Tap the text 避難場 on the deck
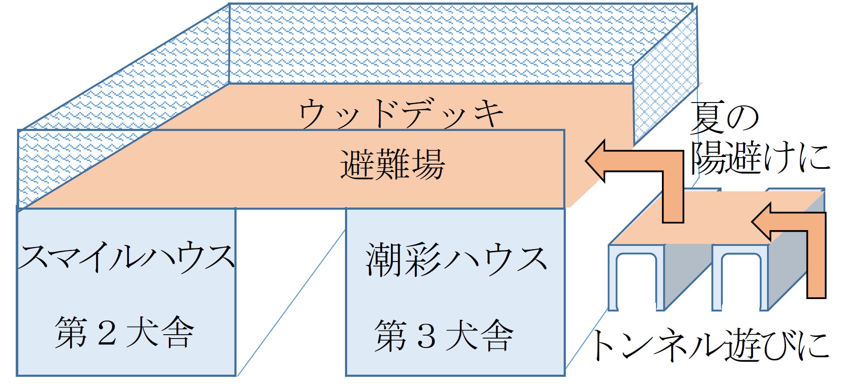click(392, 165)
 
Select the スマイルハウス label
click(126, 257)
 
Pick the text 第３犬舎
click(444, 336)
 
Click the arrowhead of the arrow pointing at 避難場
click(596, 161)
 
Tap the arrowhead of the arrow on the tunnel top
click(761, 222)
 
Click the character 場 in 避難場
click(428, 165)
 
